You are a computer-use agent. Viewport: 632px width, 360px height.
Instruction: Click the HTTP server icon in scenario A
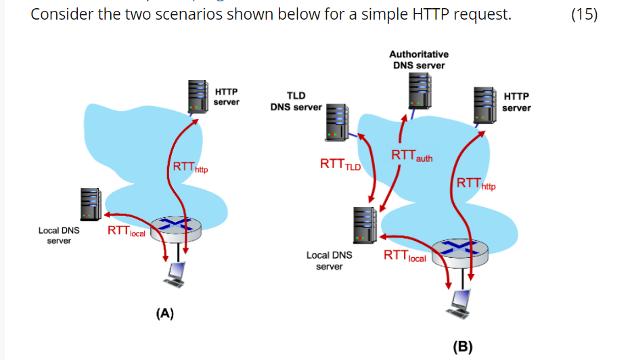198,96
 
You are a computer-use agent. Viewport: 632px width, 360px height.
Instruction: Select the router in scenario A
176,228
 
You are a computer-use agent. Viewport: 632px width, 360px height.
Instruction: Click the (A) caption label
164,313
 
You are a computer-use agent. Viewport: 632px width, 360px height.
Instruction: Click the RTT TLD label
340,164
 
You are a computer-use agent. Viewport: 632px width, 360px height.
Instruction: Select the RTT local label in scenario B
405,256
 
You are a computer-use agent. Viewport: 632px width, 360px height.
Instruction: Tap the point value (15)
584,15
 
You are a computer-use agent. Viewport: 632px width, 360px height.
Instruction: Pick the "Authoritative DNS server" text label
419,60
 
